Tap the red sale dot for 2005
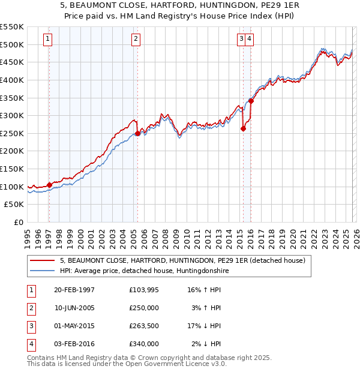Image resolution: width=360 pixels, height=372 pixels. (137, 133)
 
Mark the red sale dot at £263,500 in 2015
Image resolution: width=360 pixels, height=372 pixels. (243, 128)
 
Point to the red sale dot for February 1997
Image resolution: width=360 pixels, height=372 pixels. (49, 185)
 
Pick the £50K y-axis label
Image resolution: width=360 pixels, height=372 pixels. (14, 205)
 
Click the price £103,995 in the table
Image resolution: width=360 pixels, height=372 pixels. (143, 290)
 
